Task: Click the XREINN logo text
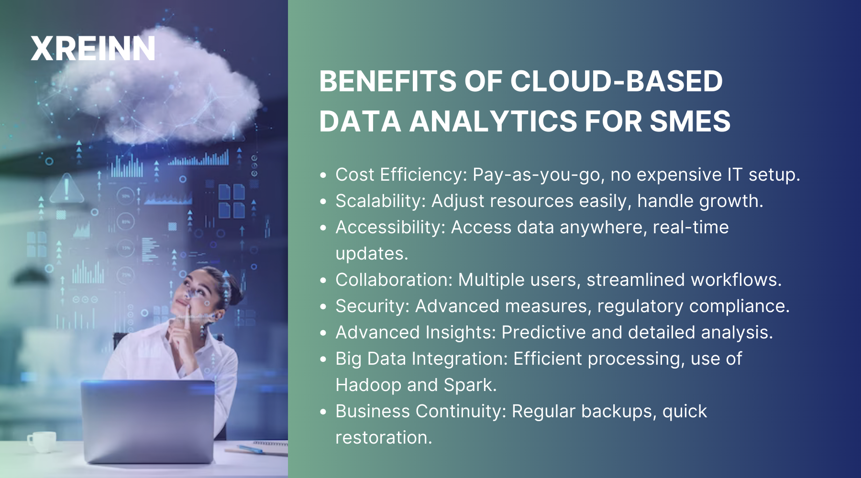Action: (93, 49)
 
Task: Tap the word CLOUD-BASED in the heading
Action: (617, 81)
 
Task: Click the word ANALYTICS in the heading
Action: (493, 121)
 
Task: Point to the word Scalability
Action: (380, 201)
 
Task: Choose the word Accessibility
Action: (390, 228)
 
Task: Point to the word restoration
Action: (383, 438)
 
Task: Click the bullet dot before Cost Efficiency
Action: (324, 175)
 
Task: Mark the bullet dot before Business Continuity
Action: (324, 412)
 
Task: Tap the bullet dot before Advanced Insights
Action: (324, 333)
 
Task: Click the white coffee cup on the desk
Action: (43, 441)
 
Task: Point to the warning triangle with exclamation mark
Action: (66, 189)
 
